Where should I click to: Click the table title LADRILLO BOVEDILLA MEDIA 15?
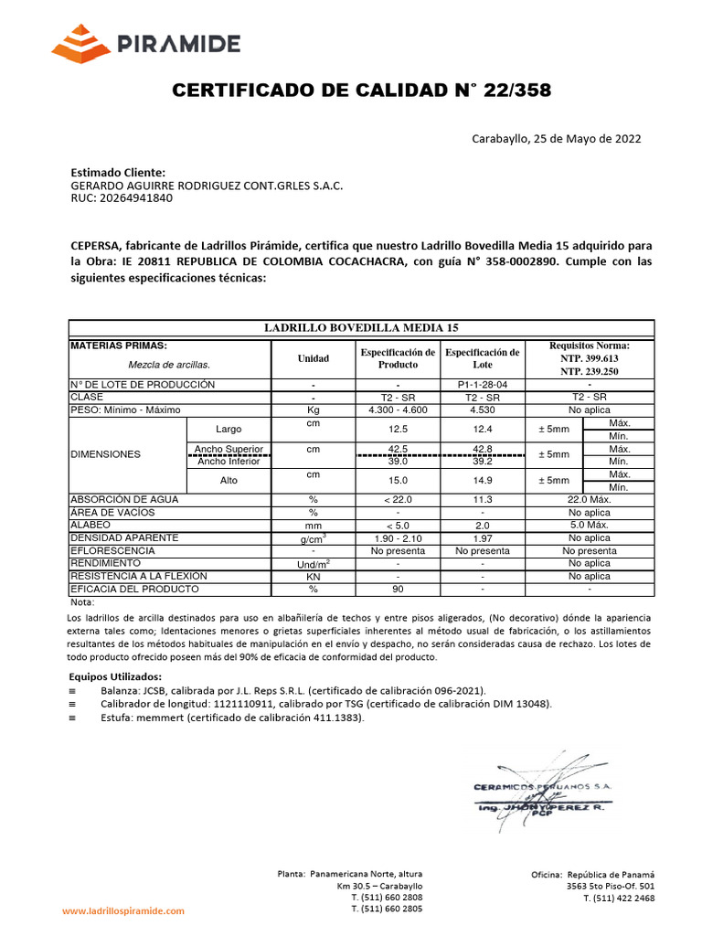(x=361, y=327)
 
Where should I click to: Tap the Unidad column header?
(x=313, y=358)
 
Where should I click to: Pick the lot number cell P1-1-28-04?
(x=481, y=385)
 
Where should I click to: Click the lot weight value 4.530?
(x=481, y=410)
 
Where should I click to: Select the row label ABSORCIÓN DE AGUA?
(x=124, y=500)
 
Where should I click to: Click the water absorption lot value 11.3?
(x=481, y=500)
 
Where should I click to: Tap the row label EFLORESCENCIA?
(x=112, y=551)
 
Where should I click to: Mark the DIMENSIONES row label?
(x=106, y=454)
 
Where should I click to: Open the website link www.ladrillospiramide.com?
(x=122, y=910)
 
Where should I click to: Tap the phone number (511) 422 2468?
(x=622, y=899)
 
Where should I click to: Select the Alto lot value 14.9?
(x=481, y=481)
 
